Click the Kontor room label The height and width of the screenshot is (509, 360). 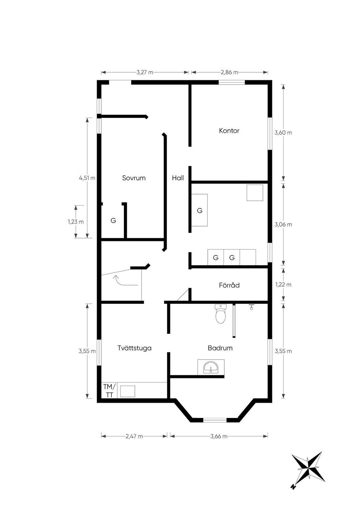tap(229, 131)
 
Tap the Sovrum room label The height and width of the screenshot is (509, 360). tap(134, 178)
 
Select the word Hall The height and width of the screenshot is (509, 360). tap(178, 178)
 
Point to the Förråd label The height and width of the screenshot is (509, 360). tap(229, 285)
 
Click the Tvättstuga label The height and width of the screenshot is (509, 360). tap(135, 348)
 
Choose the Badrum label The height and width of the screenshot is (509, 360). tap(220, 348)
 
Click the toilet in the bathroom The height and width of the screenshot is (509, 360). tap(220, 314)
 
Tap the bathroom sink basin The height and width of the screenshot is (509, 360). tap(211, 367)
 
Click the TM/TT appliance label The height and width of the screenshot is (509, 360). tap(110, 391)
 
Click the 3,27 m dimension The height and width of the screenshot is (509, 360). tap(145, 72)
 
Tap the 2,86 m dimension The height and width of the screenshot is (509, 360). tap(230, 72)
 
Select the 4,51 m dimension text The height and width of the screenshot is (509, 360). tap(87, 178)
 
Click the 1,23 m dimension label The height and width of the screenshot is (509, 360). tap(76, 222)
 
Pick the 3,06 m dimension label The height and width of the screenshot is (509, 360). tap(283, 225)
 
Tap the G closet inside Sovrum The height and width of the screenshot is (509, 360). tap(113, 220)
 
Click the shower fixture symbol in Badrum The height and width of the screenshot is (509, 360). tap(251, 307)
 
